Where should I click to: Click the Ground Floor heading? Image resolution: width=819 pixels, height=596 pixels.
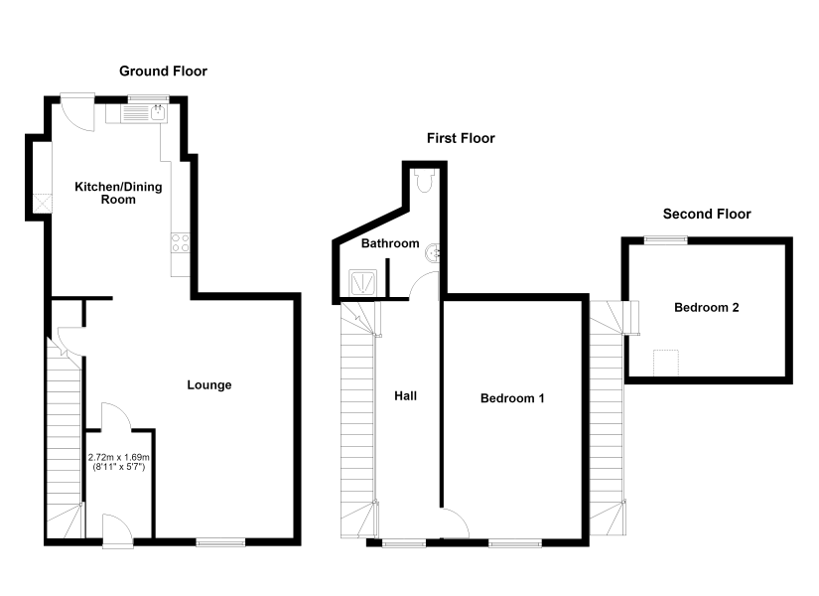163,72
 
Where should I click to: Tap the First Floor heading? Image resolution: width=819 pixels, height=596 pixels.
461,138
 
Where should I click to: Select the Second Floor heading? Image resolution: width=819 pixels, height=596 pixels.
707,214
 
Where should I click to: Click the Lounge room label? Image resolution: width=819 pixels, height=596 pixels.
208,385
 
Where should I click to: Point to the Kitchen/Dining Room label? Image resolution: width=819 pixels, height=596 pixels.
118,193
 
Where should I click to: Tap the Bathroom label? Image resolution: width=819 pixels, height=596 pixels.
390,243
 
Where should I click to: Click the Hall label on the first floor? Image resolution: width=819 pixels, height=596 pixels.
405,395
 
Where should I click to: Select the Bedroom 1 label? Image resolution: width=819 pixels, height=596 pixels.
512,398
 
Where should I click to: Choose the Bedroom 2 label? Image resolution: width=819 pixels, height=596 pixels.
707,307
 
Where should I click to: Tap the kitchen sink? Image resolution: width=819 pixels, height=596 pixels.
136,113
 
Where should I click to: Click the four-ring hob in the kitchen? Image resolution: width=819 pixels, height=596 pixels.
181,242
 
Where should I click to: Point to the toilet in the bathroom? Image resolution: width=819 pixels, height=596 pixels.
424,181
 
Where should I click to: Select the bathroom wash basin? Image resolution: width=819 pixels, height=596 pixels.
433,253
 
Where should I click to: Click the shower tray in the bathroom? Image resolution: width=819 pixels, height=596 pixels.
363,284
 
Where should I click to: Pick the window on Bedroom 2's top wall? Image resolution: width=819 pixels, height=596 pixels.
665,240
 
